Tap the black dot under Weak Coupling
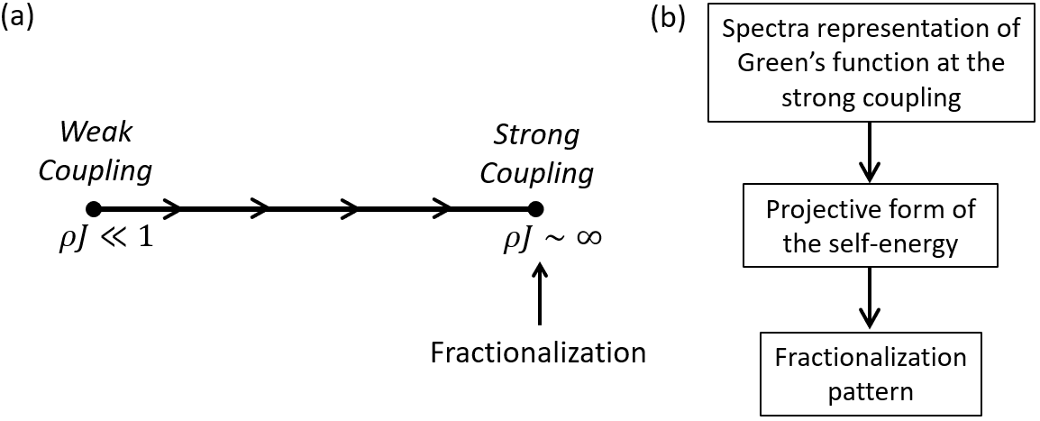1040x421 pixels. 93,209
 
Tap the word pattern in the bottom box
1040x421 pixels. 870,392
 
